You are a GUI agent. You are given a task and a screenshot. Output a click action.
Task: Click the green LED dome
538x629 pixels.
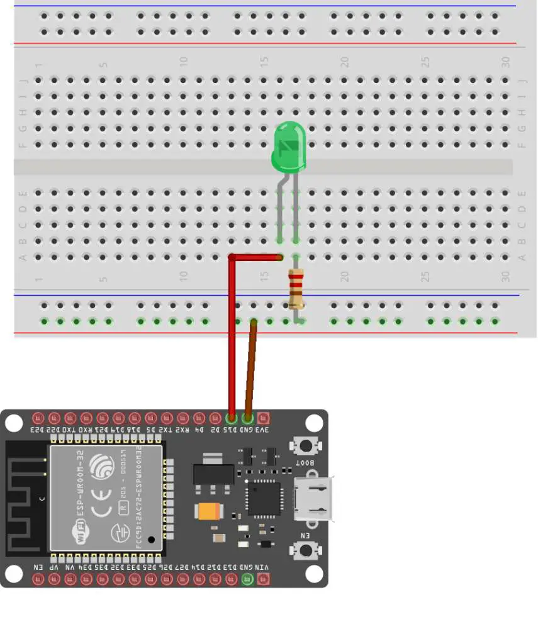point(289,146)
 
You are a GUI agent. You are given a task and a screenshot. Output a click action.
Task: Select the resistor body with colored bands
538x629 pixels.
point(296,289)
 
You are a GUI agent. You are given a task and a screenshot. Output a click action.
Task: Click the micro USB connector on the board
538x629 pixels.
point(313,498)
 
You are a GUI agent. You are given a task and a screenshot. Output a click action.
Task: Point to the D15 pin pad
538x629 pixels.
point(231,418)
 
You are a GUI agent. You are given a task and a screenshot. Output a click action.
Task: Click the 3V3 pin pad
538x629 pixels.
point(263,418)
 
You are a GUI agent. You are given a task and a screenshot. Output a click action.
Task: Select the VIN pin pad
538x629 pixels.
point(263,579)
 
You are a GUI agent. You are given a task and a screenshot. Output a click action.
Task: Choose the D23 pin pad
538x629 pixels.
point(38,418)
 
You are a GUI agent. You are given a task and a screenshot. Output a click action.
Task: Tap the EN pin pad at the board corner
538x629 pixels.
point(38,579)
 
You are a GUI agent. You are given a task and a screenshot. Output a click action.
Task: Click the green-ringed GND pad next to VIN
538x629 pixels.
point(247,579)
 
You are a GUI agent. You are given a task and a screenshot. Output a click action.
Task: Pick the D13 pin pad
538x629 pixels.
point(231,579)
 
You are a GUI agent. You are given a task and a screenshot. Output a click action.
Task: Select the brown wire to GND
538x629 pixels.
point(250,368)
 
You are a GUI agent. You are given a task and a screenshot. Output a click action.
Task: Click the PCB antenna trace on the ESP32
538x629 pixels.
point(25,497)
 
